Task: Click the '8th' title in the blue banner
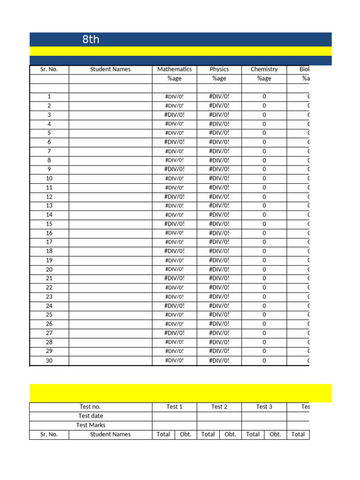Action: click(x=91, y=39)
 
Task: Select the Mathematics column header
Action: click(x=174, y=69)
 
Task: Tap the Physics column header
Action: click(x=219, y=69)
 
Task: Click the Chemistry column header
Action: click(x=264, y=69)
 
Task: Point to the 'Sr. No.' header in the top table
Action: click(x=49, y=69)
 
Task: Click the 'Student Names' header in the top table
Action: click(x=111, y=69)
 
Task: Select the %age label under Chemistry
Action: click(x=264, y=78)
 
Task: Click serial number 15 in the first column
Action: click(x=49, y=224)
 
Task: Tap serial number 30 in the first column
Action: click(x=49, y=360)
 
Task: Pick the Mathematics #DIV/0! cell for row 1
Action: click(x=174, y=97)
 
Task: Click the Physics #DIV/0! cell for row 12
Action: click(x=219, y=197)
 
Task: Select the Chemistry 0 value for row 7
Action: click(x=264, y=151)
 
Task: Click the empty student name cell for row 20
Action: click(x=111, y=270)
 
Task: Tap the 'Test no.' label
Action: click(x=90, y=407)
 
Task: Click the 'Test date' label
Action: click(x=90, y=416)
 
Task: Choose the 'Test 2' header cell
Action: click(x=219, y=407)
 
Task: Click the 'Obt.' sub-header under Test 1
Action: click(x=186, y=435)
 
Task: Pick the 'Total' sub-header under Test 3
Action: click(x=253, y=435)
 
